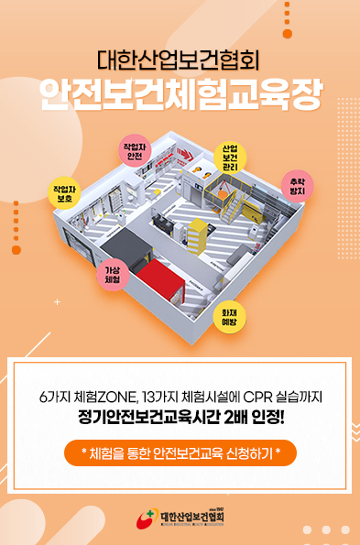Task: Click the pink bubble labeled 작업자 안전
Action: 135,153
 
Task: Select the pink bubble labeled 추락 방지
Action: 297,187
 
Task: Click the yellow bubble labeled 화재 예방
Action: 230,317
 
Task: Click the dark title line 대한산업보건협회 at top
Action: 180,60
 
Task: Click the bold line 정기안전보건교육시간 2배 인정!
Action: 180,420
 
